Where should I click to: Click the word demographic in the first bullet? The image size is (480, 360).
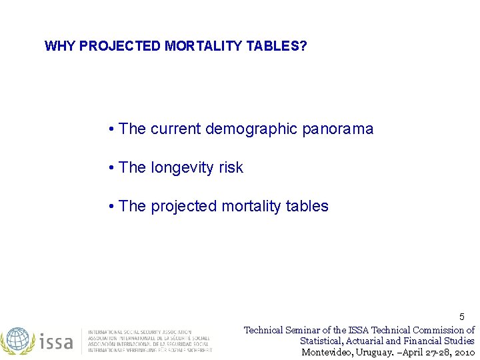[x=251, y=129]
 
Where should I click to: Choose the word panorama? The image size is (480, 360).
[x=337, y=129]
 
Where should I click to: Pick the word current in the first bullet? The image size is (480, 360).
[x=175, y=129]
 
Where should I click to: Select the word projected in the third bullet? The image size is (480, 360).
[x=183, y=207]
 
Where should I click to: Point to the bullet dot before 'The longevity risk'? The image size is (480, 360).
[x=111, y=168]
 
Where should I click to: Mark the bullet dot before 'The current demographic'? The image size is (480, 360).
[x=111, y=129]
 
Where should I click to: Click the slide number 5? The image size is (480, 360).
[x=462, y=317]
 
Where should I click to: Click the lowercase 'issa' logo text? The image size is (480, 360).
[x=57, y=341]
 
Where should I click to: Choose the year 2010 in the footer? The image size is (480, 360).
[x=462, y=352]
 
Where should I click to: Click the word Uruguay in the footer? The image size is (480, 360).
[x=377, y=352]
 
